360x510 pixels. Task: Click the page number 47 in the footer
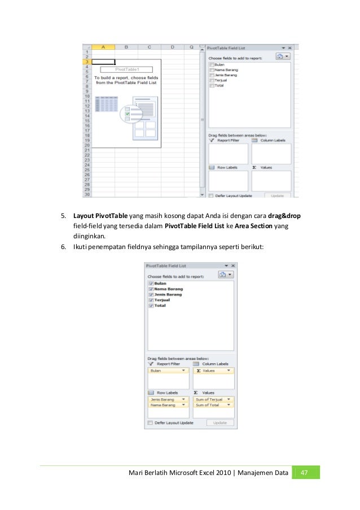(x=306, y=472)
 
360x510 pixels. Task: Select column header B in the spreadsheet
(x=126, y=47)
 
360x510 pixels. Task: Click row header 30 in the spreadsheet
(x=87, y=194)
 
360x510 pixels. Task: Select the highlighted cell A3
(x=103, y=62)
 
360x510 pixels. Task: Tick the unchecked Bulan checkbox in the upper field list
(x=212, y=65)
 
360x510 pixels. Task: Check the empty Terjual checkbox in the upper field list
(x=212, y=80)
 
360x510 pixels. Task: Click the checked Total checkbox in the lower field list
(x=151, y=306)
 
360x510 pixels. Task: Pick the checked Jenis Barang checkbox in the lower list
(x=151, y=294)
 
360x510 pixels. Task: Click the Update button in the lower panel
(x=219, y=422)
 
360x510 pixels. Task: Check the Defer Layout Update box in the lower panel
(x=150, y=422)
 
